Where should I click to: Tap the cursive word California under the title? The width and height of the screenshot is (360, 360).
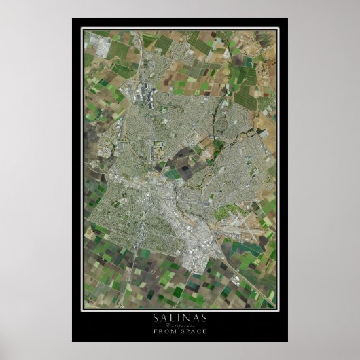click(x=179, y=327)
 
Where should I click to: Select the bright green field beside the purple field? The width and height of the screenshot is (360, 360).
click(x=175, y=174)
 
